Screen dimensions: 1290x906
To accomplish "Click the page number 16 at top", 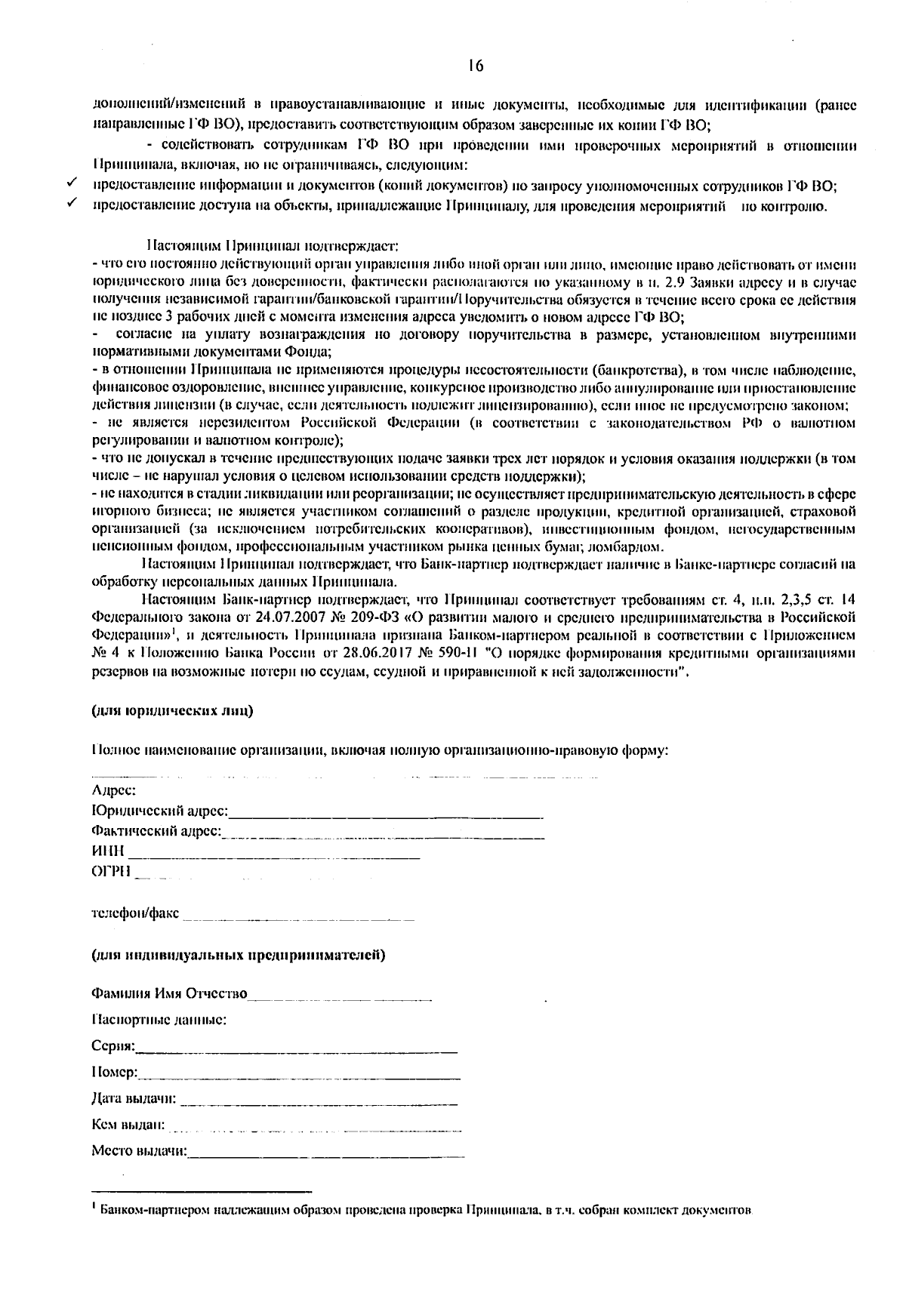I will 475,66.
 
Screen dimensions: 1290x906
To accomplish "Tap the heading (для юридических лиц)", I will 172,710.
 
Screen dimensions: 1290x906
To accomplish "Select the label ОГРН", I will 110,872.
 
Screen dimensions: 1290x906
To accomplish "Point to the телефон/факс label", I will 135,913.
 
